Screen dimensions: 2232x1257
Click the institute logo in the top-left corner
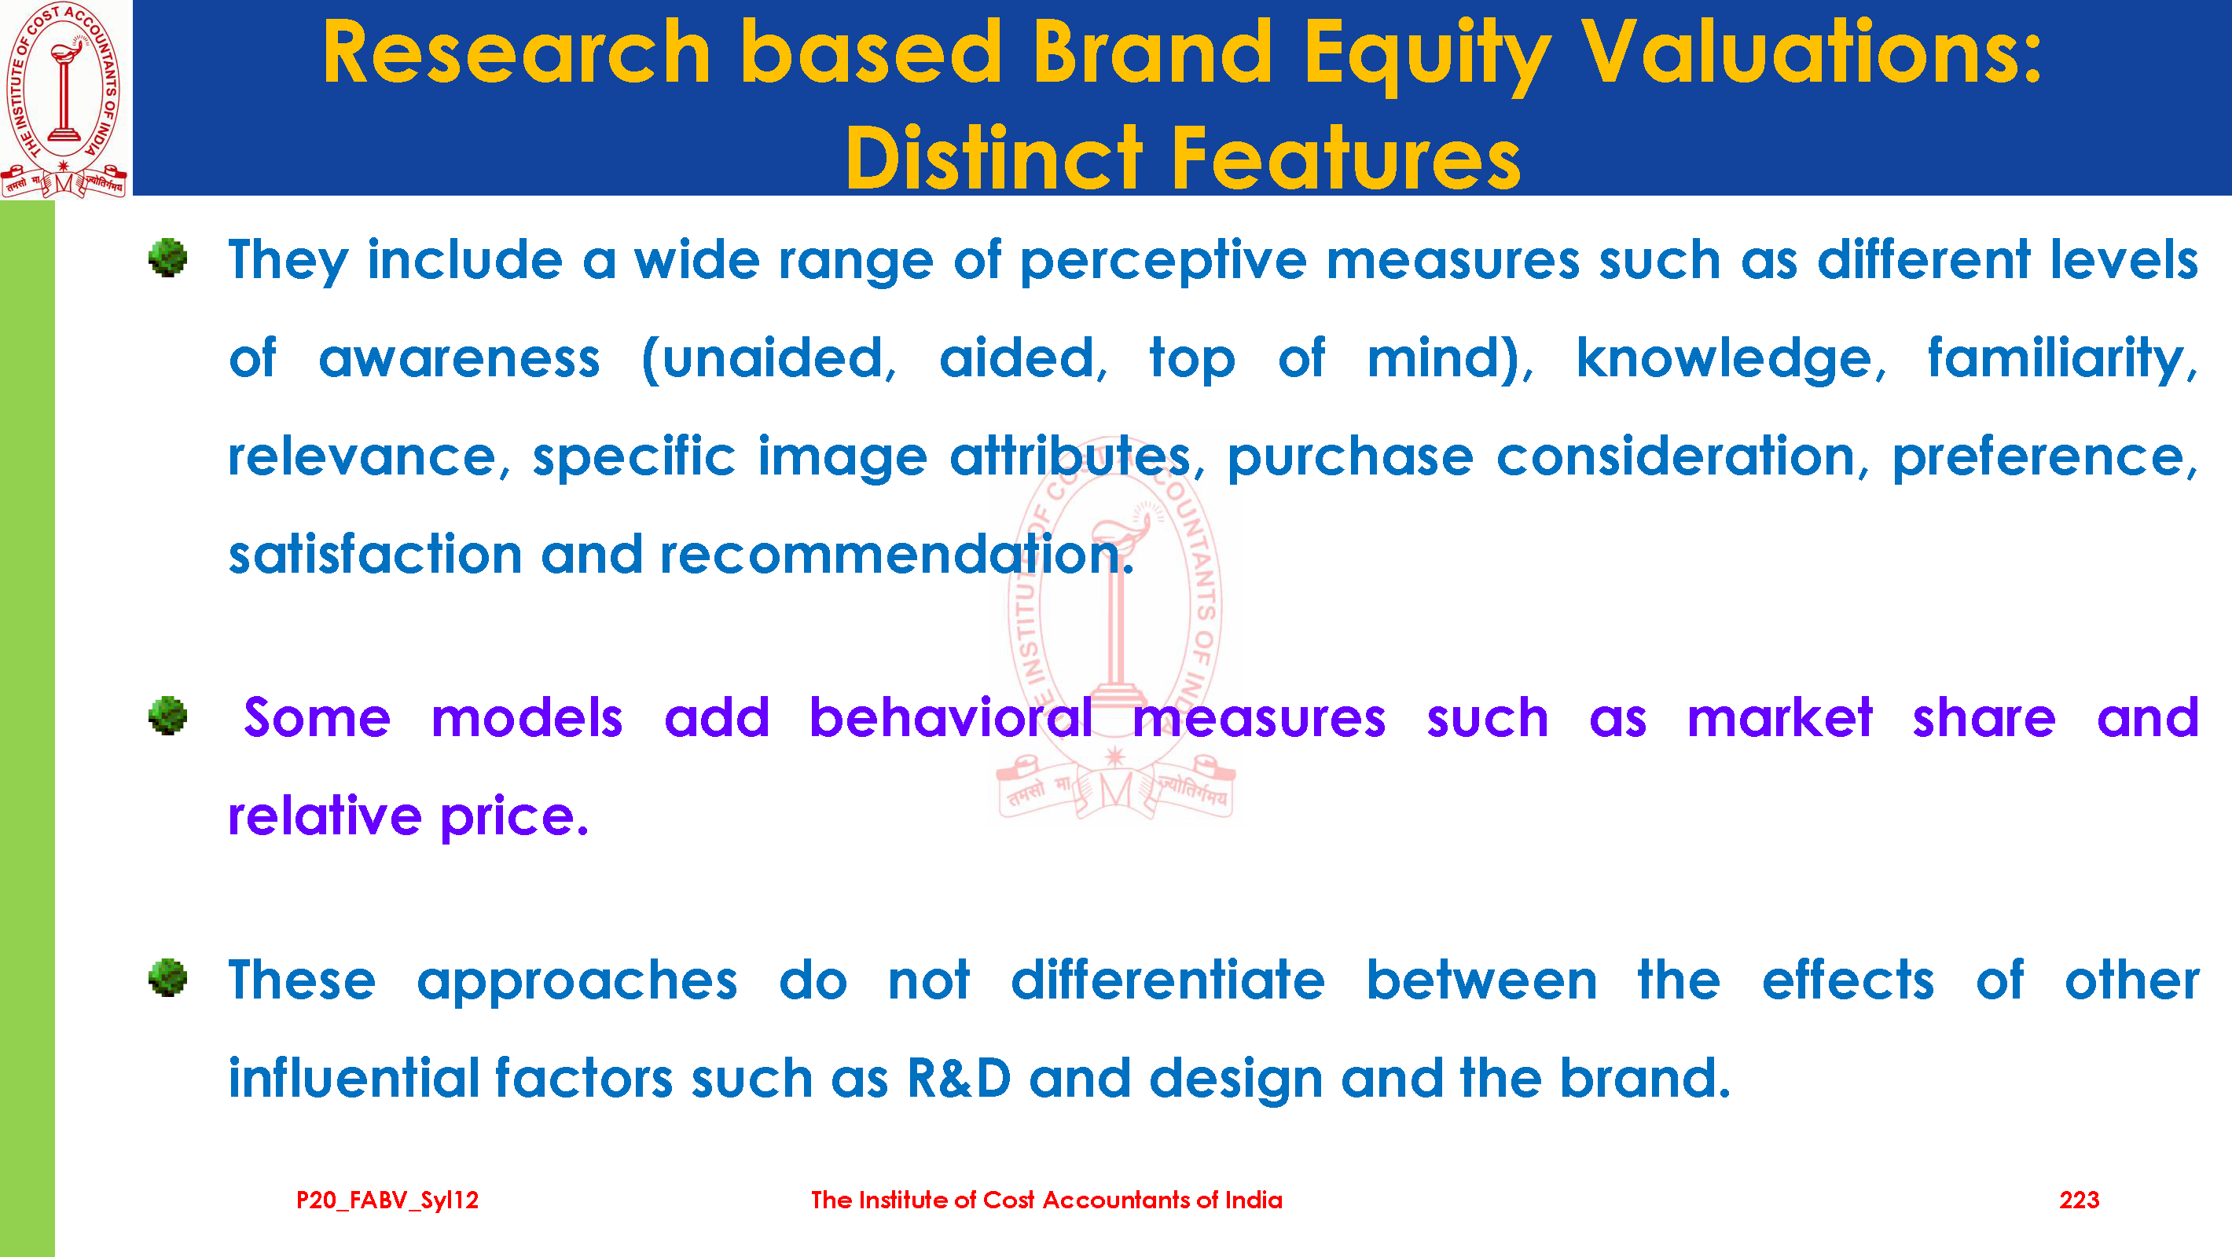click(x=65, y=99)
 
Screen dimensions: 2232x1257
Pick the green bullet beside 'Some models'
click(x=167, y=716)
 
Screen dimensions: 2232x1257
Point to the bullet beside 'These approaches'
click(x=167, y=977)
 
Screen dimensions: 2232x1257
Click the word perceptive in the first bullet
click(x=1163, y=262)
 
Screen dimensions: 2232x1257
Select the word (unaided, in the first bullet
click(x=769, y=360)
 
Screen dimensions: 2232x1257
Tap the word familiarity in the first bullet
click(x=2062, y=360)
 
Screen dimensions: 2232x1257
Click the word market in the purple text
click(x=1780, y=717)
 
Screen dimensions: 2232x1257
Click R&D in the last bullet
click(x=959, y=1078)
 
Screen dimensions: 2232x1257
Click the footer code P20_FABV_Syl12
click(x=387, y=1200)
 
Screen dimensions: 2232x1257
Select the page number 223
click(x=2080, y=1200)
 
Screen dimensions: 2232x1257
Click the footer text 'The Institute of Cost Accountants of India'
click(x=1047, y=1200)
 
